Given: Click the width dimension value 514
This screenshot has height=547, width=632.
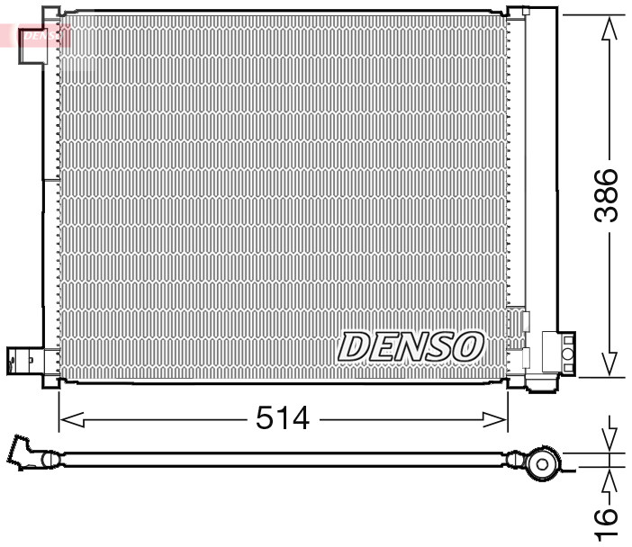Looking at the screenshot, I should click(283, 418).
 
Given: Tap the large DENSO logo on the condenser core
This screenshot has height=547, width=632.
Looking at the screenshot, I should click(411, 345).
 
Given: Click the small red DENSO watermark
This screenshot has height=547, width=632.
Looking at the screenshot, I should click(42, 36).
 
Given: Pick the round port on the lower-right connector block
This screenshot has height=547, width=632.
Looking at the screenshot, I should click(568, 354).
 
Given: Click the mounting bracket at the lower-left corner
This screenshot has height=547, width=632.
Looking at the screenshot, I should click(23, 361).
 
